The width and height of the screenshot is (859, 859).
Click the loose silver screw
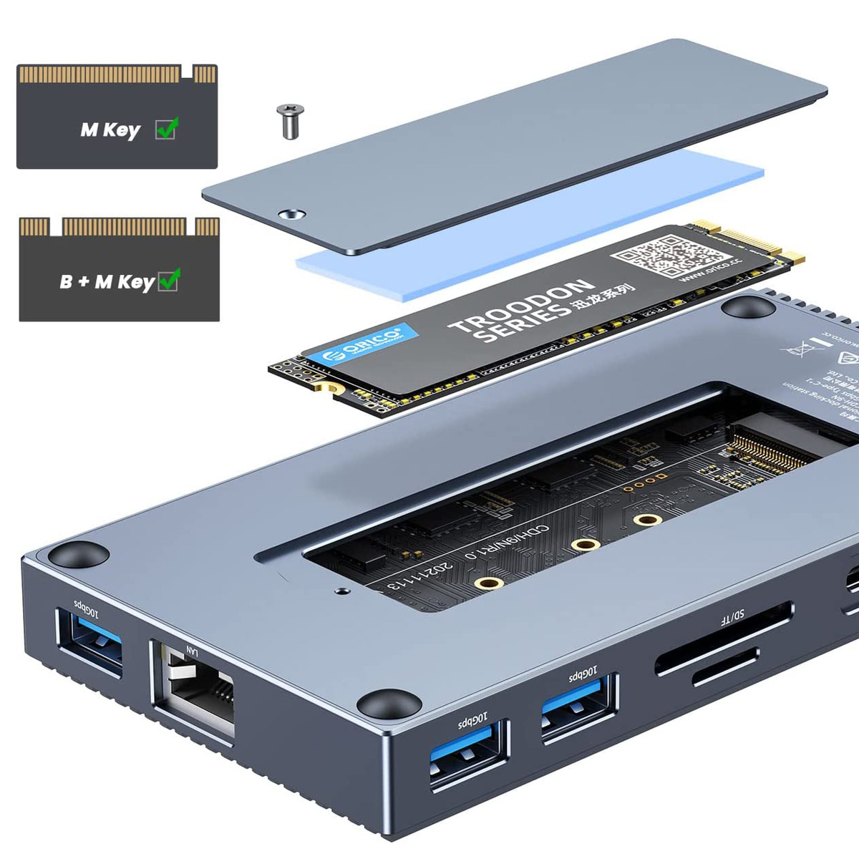click(x=290, y=121)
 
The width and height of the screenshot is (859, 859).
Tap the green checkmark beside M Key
click(x=167, y=129)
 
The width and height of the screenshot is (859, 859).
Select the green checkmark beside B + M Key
click(x=169, y=280)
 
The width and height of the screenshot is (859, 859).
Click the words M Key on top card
click(x=110, y=130)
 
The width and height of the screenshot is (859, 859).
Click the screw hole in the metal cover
click(x=293, y=214)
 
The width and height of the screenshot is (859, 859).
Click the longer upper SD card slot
click(x=723, y=638)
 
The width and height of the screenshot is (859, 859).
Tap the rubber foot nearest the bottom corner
click(x=389, y=704)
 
